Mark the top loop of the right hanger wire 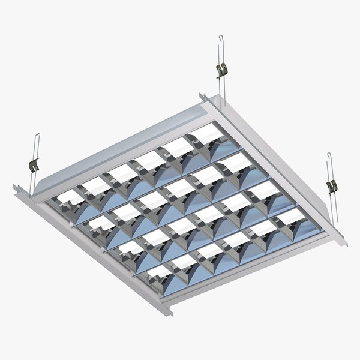coord(329,157)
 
